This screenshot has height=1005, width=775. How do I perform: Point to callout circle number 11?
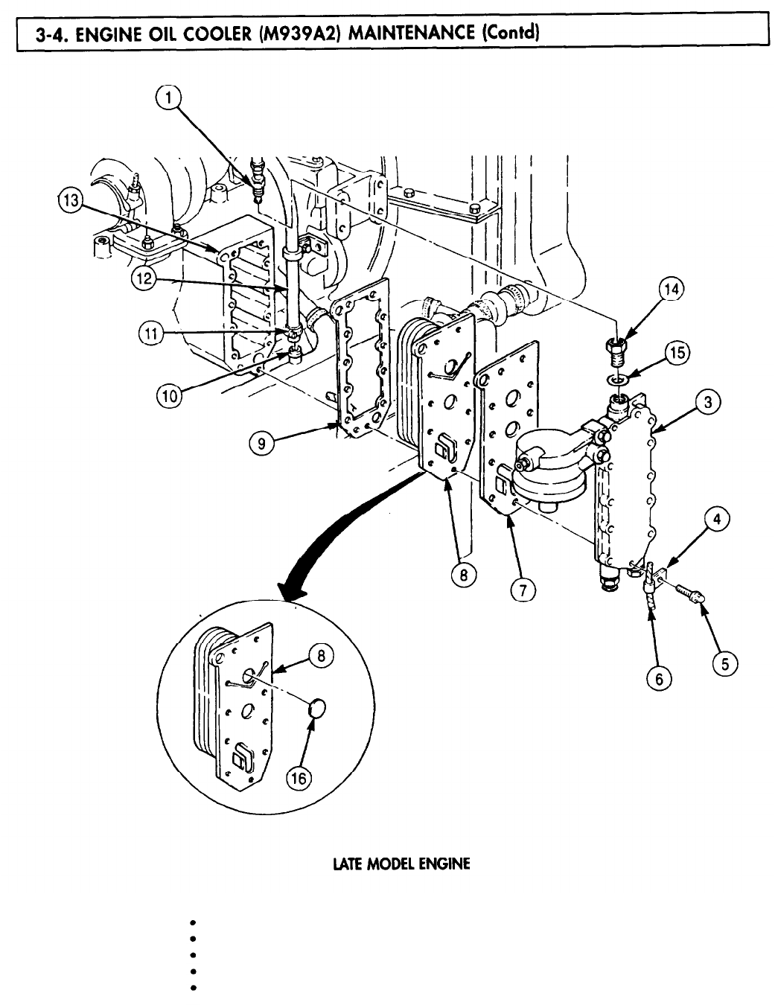tap(152, 334)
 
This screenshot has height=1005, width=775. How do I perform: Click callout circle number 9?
tap(260, 444)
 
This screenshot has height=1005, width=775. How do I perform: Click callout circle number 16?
tap(299, 778)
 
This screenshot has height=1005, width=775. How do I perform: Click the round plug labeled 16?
tap(319, 710)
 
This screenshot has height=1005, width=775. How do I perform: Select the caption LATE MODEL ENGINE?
tap(401, 864)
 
